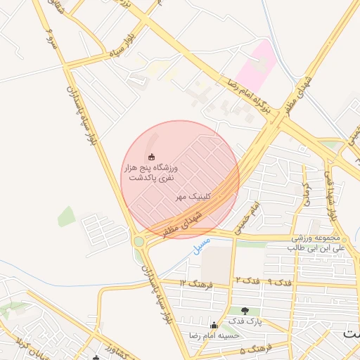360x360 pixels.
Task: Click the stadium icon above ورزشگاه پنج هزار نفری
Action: [x=152, y=157]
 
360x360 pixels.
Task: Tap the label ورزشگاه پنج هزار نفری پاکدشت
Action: [x=151, y=173]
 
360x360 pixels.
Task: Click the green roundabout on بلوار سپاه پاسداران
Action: [x=139, y=242]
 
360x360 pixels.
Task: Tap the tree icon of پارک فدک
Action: [x=245, y=311]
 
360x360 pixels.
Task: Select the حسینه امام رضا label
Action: [x=214, y=335]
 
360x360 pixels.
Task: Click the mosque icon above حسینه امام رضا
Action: [x=214, y=325]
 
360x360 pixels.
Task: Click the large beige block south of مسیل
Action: [x=217, y=263]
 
